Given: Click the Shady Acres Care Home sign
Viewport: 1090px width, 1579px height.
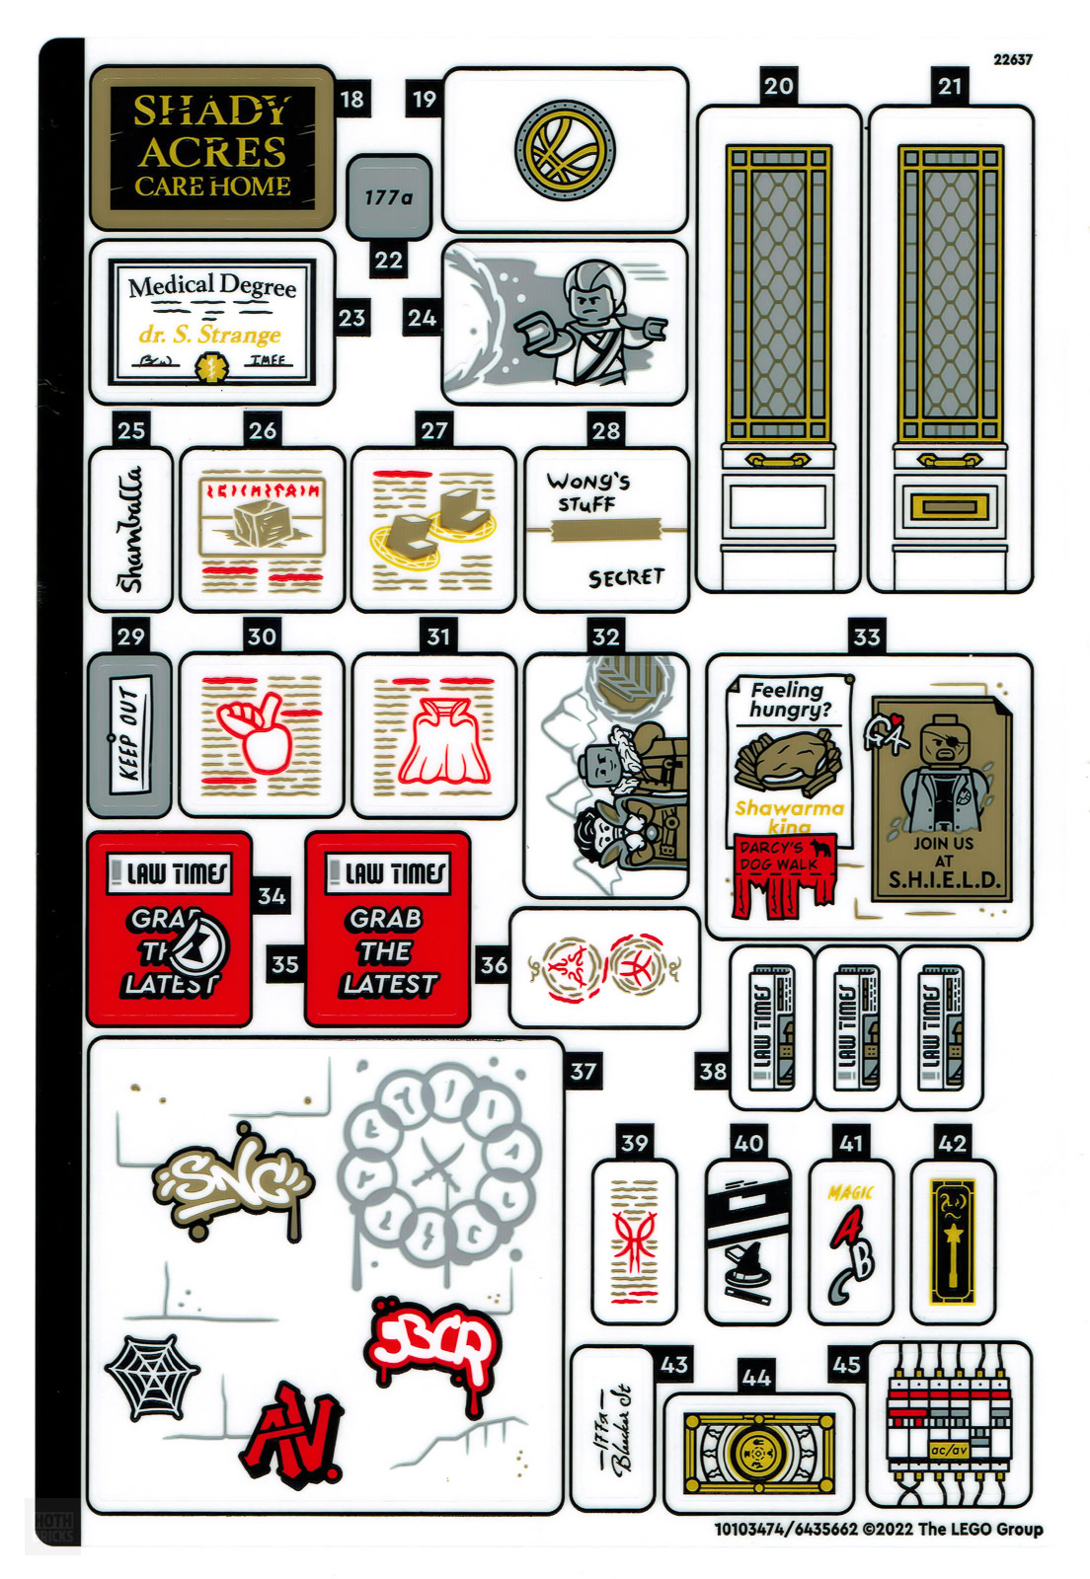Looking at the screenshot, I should click(x=212, y=148).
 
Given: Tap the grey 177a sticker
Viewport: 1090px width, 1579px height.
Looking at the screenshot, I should click(x=389, y=197).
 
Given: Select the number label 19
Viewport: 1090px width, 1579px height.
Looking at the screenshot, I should click(x=425, y=99).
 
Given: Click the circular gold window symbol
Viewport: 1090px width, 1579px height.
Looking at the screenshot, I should click(x=565, y=150).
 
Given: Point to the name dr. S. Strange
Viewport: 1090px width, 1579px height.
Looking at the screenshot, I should click(x=209, y=335).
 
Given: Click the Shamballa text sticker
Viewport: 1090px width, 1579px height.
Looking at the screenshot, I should click(x=131, y=528).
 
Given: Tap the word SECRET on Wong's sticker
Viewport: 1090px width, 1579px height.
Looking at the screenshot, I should click(x=626, y=577).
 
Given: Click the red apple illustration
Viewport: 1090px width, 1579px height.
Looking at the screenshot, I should click(x=255, y=735).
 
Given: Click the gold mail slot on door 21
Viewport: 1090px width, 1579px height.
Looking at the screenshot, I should click(x=950, y=506).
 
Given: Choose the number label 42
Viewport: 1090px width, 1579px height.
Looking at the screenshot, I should click(x=953, y=1143).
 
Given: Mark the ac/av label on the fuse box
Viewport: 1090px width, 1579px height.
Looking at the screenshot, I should click(x=949, y=1450).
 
